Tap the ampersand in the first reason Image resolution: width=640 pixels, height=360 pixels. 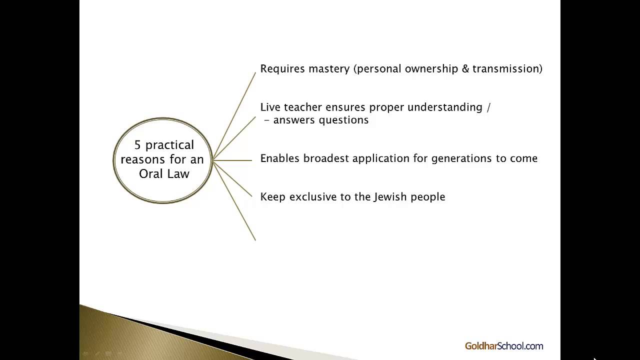(465, 69)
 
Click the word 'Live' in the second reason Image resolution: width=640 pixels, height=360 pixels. (270, 107)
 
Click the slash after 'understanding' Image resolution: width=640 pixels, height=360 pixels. (488, 107)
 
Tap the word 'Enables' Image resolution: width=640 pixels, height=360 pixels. (279, 158)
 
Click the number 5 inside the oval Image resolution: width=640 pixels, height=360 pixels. (137, 145)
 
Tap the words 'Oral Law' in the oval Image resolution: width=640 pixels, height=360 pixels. (164, 174)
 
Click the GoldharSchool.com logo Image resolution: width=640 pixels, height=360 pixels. (503, 346)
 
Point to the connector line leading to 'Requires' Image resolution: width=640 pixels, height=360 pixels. (235, 115)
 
